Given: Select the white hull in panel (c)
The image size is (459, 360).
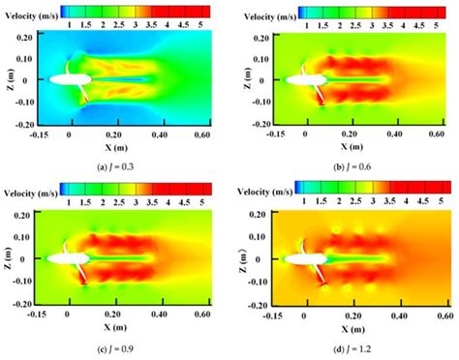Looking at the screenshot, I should pos(66,259).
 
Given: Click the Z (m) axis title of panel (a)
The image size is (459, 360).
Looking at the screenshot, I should pos(9,78).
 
